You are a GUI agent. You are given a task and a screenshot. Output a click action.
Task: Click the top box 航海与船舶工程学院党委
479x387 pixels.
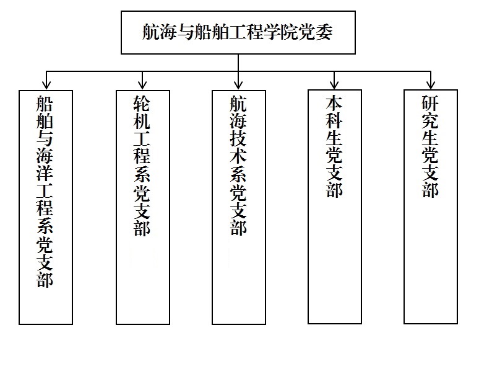pos(238,33)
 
